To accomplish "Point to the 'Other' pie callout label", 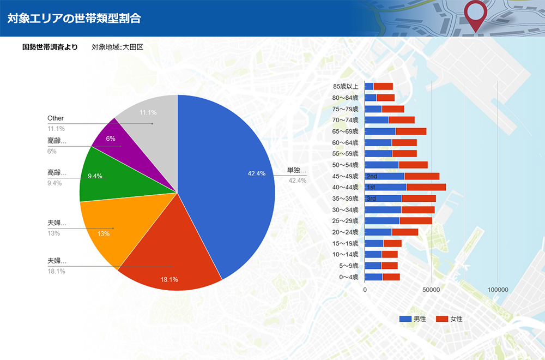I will [56, 118].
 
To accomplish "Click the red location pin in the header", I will [476, 14].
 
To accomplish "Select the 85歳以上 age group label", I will [346, 86].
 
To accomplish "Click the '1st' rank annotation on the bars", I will [371, 188].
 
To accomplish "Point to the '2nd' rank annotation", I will [372, 176].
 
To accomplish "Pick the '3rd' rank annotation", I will [371, 199].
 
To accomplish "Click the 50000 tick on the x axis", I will [431, 290].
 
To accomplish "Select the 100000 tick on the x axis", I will [498, 290].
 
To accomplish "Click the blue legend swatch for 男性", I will [405, 319].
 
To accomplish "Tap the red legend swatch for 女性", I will [441, 319].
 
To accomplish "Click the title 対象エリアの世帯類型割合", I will [74, 18].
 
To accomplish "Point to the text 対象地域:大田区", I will [117, 47].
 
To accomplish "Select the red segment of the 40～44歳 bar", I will [426, 187].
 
